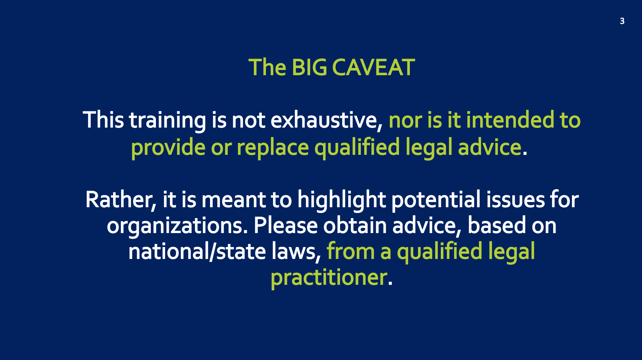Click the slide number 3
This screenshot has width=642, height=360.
622,21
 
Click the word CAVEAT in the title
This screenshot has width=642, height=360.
373,67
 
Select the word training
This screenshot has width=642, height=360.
167,121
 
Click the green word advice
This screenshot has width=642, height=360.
489,147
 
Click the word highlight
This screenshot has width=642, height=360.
342,200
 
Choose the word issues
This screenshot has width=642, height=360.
515,200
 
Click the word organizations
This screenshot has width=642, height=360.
177,226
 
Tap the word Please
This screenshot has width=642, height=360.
285,226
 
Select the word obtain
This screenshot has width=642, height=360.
355,226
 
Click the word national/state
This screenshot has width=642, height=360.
197,252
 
